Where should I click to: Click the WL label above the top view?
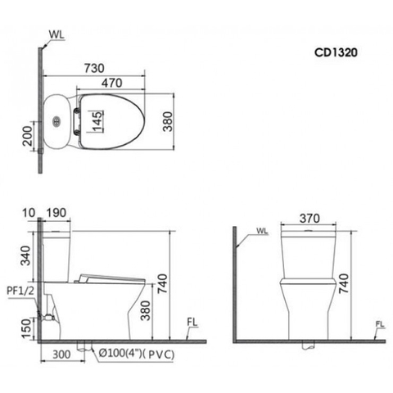(x=55, y=35)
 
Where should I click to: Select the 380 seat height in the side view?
(x=146, y=309)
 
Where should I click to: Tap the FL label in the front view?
(x=379, y=325)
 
